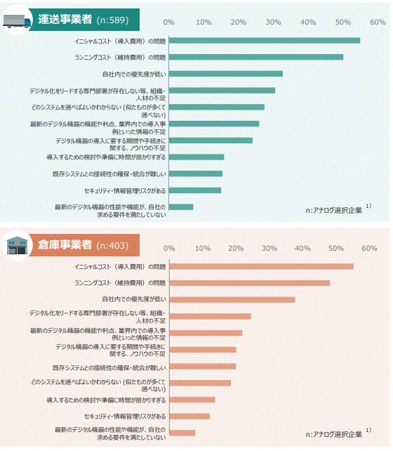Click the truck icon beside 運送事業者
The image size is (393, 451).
18,20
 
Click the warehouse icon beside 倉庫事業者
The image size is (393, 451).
18,246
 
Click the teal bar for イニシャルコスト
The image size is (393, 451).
265,40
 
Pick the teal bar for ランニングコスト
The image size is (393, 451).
256,57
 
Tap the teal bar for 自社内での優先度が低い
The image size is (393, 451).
226,74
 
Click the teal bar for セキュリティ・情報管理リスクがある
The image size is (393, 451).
195,190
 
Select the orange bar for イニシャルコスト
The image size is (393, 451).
261,266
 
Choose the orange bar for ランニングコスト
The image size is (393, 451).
249,283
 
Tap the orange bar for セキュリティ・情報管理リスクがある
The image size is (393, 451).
189,417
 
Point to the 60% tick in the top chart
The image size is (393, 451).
378,22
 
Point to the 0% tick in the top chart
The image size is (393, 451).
169,22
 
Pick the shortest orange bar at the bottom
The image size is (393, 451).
182,433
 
